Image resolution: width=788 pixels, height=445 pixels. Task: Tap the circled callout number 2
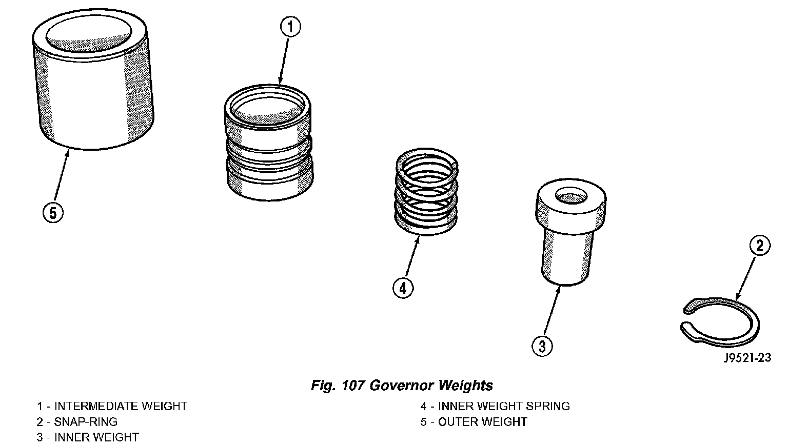pyautogui.click(x=760, y=246)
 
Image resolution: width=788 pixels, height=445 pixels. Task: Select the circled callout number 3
pyautogui.click(x=542, y=346)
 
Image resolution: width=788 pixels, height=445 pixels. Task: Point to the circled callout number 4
pyautogui.click(x=403, y=289)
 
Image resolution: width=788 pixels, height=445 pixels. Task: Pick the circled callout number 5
pyautogui.click(x=52, y=212)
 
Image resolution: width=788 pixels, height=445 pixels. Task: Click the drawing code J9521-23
pyautogui.click(x=747, y=358)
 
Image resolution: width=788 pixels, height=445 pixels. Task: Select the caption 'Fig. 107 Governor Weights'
pyautogui.click(x=402, y=385)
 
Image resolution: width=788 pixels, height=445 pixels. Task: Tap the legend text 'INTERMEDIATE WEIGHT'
pyautogui.click(x=121, y=407)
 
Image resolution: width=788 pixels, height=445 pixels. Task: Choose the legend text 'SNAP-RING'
pyautogui.click(x=86, y=422)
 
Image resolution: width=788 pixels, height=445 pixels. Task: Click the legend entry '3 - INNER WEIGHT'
pyautogui.click(x=88, y=437)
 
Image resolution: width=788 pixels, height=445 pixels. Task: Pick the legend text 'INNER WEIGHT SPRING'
pyautogui.click(x=504, y=407)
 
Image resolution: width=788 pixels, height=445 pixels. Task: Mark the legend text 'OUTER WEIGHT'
pyautogui.click(x=482, y=422)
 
